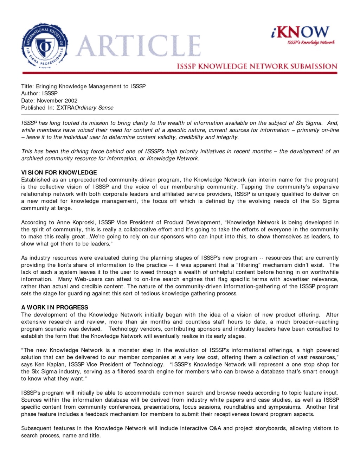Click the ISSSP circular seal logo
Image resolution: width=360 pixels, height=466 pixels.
(45, 46)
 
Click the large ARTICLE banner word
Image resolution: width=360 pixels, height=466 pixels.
(138, 46)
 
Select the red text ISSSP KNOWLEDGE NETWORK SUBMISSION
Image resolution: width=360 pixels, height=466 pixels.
(257, 66)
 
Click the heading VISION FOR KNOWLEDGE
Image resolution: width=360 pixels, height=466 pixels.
(59, 173)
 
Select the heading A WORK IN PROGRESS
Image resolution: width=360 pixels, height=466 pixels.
(54, 307)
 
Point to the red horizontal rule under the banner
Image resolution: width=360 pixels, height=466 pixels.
(180, 73)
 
